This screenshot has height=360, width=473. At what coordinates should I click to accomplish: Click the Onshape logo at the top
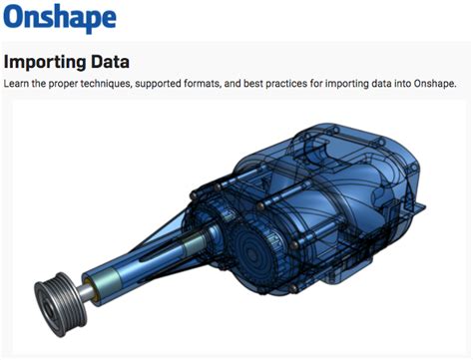point(59,18)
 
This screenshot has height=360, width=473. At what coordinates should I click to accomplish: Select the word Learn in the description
point(18,83)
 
